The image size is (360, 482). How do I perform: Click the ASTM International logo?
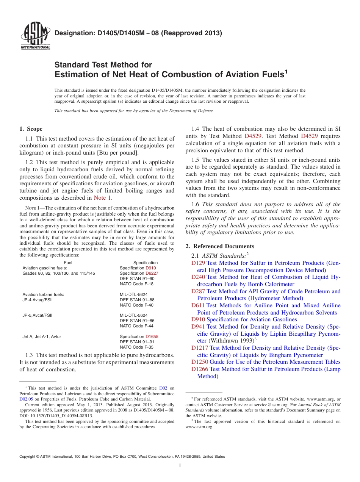(35, 37)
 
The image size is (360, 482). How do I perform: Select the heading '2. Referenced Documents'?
(220, 246)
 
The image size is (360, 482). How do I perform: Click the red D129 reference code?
(198, 263)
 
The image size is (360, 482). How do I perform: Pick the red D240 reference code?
(198, 277)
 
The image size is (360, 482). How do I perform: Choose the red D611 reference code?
(198, 305)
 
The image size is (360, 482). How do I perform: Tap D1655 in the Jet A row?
(152, 336)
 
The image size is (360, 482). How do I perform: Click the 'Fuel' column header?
(68, 263)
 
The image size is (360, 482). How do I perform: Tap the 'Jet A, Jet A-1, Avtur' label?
(42, 336)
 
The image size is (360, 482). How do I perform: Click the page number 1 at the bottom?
(180, 466)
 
